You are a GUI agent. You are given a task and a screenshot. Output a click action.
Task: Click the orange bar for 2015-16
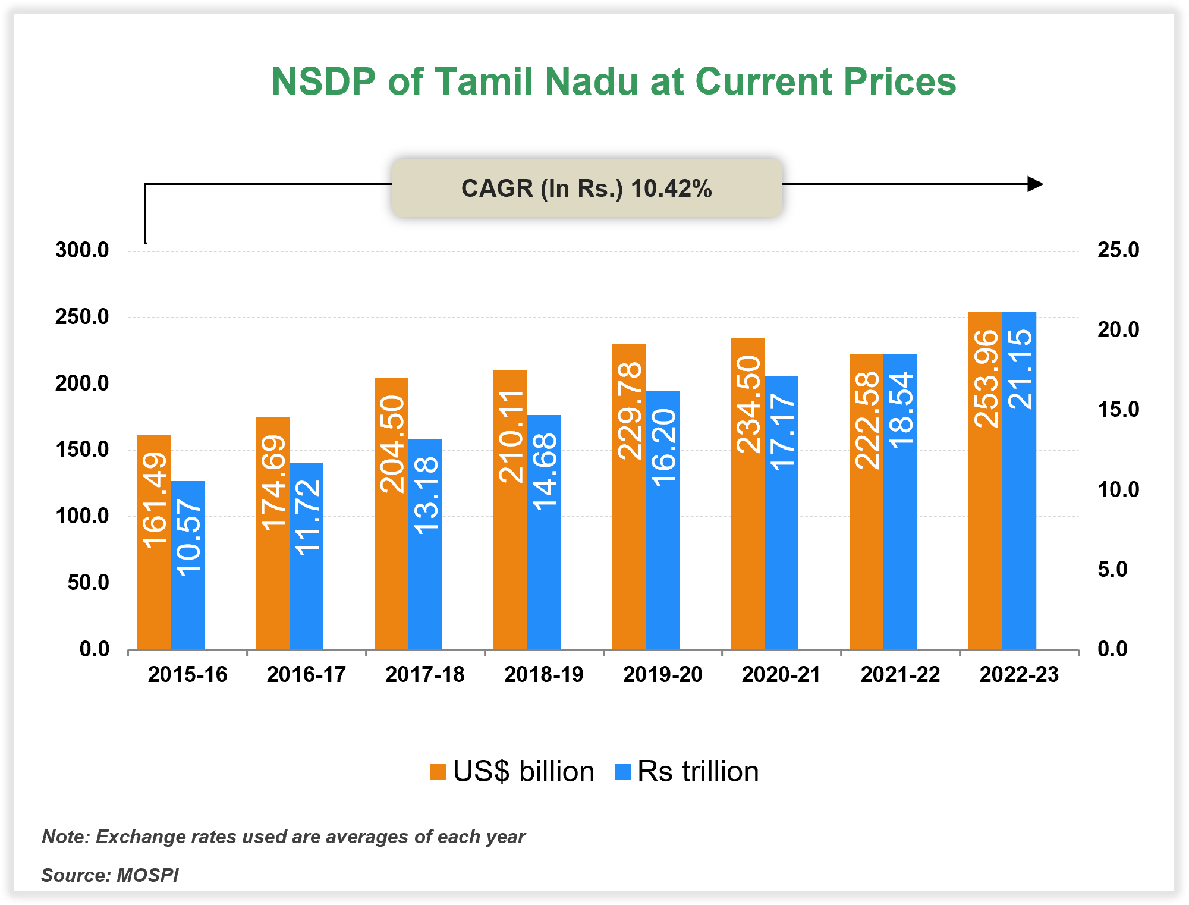tap(153, 595)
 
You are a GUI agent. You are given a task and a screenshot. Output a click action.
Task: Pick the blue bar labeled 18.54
tap(900, 535)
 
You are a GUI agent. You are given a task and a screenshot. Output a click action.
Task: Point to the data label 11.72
tap(307, 517)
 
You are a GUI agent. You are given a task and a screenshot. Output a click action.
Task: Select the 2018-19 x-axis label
tap(543, 675)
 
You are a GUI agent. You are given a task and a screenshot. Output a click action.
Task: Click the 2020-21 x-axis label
tap(781, 675)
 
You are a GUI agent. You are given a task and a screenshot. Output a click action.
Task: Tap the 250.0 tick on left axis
tap(82, 317)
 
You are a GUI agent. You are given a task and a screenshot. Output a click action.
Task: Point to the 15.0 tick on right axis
tap(1118, 410)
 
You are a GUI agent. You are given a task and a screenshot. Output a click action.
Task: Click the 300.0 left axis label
tap(82, 250)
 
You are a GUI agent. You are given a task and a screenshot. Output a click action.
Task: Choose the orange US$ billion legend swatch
tap(438, 772)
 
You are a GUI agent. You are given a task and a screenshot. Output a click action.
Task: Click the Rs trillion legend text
tap(697, 772)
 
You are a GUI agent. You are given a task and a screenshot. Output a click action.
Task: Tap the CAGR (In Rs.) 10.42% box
tap(587, 188)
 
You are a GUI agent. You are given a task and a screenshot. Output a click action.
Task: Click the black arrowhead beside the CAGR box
tap(1035, 184)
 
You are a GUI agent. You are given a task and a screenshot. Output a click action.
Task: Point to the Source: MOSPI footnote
tap(110, 875)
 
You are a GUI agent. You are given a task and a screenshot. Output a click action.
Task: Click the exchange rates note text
tap(284, 837)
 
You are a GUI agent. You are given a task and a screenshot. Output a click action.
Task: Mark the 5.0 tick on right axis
tap(1112, 570)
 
